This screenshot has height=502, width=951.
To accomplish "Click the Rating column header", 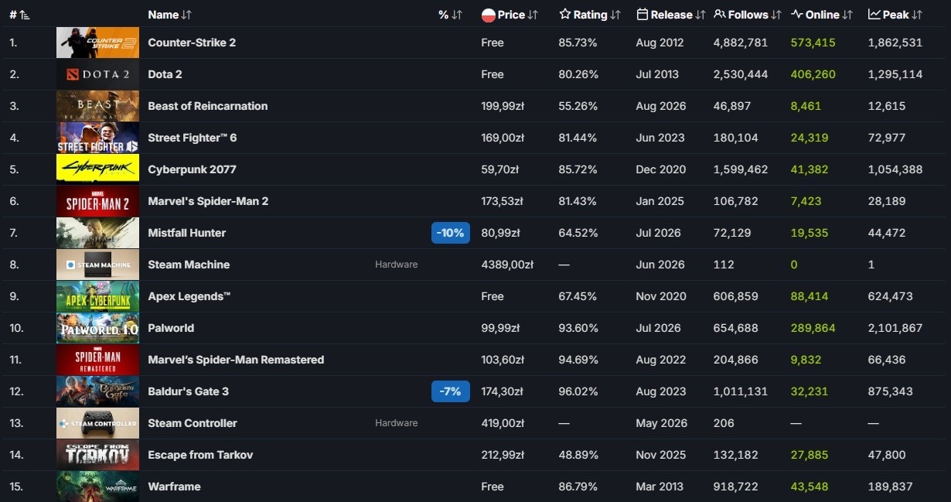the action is click(590, 15).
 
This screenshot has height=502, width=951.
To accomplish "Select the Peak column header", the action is click(895, 15).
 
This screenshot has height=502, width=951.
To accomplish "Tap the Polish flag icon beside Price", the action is click(488, 15).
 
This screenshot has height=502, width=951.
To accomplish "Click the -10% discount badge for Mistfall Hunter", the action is click(451, 233).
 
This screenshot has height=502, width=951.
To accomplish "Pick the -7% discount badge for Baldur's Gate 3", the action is click(451, 391).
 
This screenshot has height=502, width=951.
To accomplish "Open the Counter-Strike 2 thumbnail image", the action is click(97, 43).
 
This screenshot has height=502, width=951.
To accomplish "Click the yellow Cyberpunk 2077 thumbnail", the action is click(97, 169).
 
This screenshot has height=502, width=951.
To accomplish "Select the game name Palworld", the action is click(171, 328).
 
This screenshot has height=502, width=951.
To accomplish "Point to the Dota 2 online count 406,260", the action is click(813, 74).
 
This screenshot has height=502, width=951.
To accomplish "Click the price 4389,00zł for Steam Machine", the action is click(507, 265).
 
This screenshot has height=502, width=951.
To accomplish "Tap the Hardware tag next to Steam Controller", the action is click(396, 423).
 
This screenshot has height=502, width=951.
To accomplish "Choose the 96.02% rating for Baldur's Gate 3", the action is click(578, 391).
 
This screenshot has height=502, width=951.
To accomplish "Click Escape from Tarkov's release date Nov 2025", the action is click(660, 455).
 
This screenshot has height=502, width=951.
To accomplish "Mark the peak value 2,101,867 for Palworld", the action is click(895, 328).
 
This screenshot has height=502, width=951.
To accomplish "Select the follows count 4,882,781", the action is click(741, 43).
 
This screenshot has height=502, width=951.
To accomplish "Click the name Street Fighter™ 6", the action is click(192, 138).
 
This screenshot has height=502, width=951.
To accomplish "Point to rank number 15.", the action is click(16, 487).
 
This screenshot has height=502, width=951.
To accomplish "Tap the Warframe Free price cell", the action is click(492, 487).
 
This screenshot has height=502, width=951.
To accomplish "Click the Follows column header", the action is click(747, 15).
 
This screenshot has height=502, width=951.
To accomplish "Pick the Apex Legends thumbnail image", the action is click(97, 296).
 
